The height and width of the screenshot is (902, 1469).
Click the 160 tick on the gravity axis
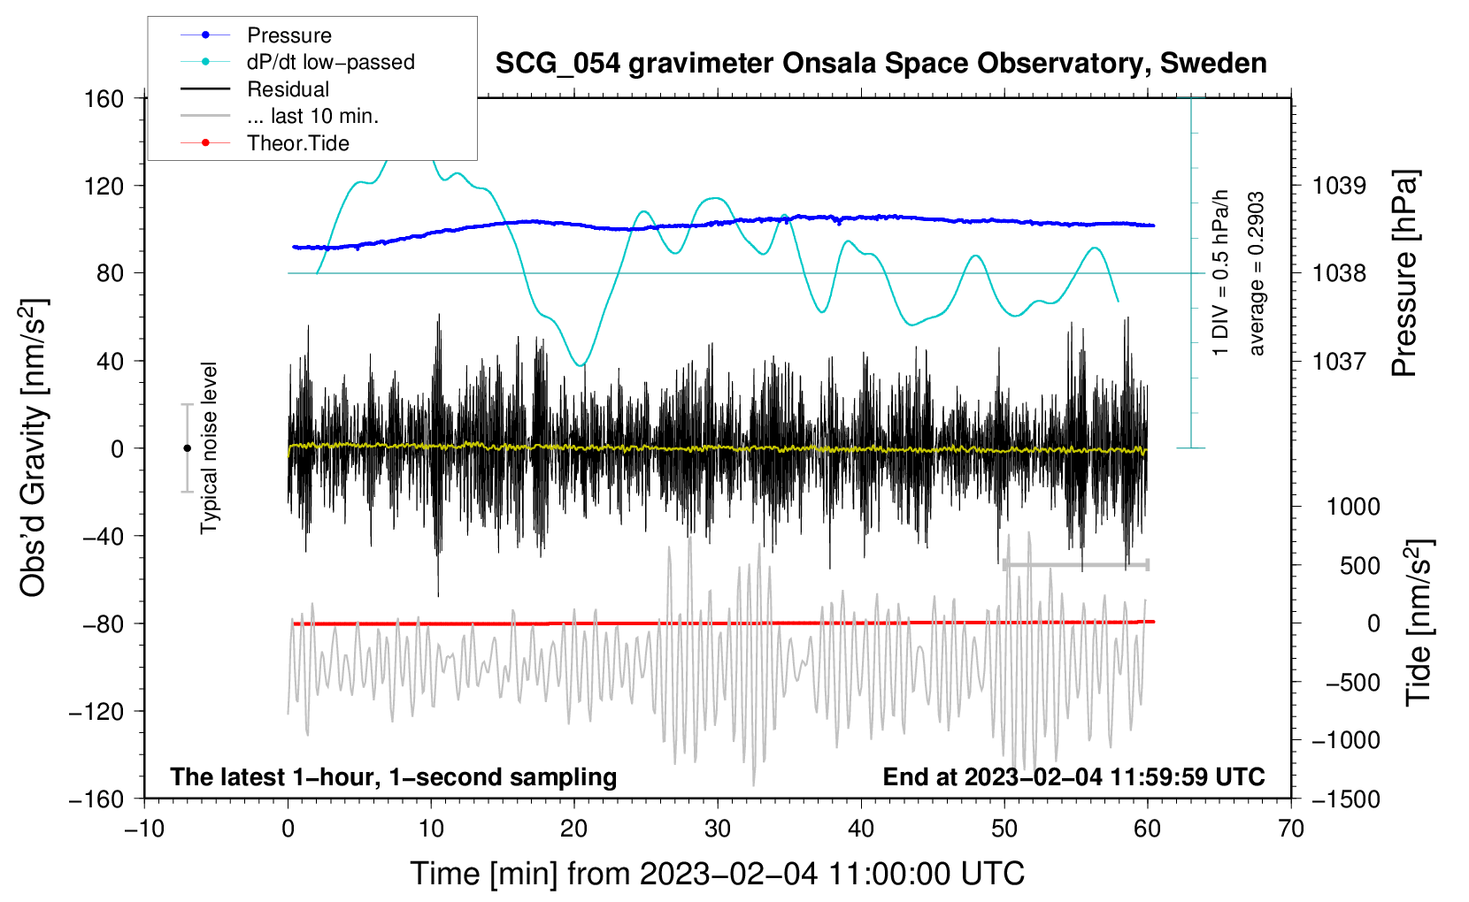104,99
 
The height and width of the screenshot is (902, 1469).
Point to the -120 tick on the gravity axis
96,711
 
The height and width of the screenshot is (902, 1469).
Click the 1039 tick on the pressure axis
1339,186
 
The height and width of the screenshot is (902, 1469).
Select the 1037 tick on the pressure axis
1339,361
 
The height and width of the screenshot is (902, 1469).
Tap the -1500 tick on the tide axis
1346,799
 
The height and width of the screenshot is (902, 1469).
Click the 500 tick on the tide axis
1359,566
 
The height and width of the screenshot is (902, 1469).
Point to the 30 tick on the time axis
718,829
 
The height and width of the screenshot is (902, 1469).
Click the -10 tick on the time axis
144,829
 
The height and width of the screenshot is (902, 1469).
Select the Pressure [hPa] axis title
1404,273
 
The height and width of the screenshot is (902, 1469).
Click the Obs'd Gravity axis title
33,448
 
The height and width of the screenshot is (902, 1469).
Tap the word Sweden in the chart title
1213,64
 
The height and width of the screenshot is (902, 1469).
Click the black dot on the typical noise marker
187,448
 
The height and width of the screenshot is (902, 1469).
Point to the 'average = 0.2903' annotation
1255,273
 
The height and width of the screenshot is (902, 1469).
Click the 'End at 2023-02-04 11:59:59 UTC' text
1073,776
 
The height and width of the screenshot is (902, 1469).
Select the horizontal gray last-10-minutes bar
1076,564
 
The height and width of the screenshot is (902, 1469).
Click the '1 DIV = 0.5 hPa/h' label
1219,273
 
